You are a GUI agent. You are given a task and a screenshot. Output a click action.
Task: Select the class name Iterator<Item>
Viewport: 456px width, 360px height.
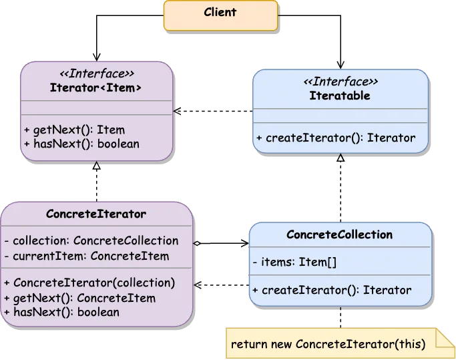tap(96, 87)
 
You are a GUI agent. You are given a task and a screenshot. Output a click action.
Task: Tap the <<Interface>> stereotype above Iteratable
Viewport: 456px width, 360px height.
tap(340, 82)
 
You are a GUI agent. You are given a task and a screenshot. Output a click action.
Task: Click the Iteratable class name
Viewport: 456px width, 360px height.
tap(340, 96)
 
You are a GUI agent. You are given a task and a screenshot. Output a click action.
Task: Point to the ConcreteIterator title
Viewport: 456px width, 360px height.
tap(96, 214)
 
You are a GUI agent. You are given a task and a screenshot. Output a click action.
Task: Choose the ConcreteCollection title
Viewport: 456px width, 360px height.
tap(339, 234)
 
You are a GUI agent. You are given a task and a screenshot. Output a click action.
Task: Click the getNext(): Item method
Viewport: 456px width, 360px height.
tap(74, 130)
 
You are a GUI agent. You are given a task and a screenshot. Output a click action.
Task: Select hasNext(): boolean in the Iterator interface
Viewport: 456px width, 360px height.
tap(81, 143)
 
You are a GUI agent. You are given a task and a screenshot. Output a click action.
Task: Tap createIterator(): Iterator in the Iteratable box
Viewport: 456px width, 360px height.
tap(336, 138)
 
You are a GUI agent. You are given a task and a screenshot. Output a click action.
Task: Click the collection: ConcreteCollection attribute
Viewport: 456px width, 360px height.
tap(92, 240)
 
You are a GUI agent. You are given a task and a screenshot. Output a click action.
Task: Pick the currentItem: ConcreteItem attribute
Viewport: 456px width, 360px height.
tap(87, 256)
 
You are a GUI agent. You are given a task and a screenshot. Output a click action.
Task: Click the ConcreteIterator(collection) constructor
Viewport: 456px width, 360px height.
tap(89, 282)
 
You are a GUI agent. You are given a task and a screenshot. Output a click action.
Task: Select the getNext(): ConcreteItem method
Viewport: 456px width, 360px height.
tap(80, 298)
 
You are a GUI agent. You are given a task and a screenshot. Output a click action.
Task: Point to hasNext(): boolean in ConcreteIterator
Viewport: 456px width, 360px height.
tap(62, 312)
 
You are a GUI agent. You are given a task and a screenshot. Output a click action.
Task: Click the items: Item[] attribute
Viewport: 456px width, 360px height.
tap(294, 262)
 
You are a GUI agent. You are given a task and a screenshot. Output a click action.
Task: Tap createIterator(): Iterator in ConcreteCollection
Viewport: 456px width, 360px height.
tap(332, 290)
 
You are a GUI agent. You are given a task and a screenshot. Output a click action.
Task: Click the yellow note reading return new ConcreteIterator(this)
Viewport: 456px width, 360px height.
tap(328, 344)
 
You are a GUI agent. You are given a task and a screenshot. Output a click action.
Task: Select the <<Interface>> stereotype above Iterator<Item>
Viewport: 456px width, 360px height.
tap(96, 74)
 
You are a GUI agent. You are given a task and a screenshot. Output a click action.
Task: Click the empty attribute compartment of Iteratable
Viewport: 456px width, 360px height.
tap(340, 116)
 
